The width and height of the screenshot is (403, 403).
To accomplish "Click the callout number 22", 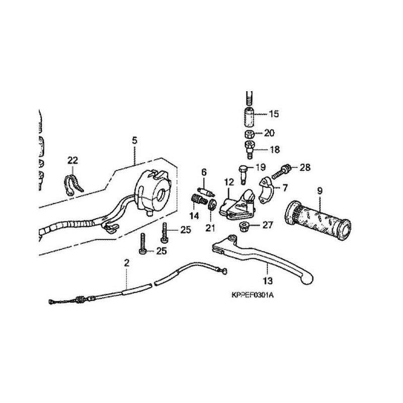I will click(x=73, y=160).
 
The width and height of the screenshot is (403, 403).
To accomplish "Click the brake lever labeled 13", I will click(x=262, y=257).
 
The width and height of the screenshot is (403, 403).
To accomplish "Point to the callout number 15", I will click(x=274, y=114).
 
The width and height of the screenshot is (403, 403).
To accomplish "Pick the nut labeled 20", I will click(x=248, y=133).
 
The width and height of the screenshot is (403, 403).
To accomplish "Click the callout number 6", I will click(x=204, y=172).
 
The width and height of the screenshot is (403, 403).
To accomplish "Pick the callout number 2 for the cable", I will click(x=126, y=262).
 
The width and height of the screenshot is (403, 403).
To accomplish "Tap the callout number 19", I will click(x=260, y=167).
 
